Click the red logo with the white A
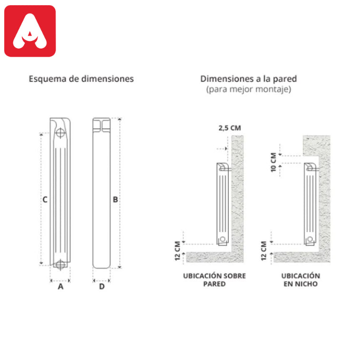[x=30, y=31]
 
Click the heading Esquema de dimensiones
[x=81, y=79]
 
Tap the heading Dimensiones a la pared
[x=249, y=79]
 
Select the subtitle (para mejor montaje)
[x=249, y=89]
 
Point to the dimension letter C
[x=45, y=200]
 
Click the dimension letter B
[x=115, y=200]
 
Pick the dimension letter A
[x=60, y=287]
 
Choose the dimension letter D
[x=101, y=287]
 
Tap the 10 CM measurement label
[x=273, y=162]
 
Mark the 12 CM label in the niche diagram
[x=264, y=250]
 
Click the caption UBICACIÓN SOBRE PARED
[x=214, y=280]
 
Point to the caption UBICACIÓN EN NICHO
[x=301, y=280]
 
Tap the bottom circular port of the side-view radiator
[x=60, y=265]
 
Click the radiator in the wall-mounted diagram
[x=222, y=204]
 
